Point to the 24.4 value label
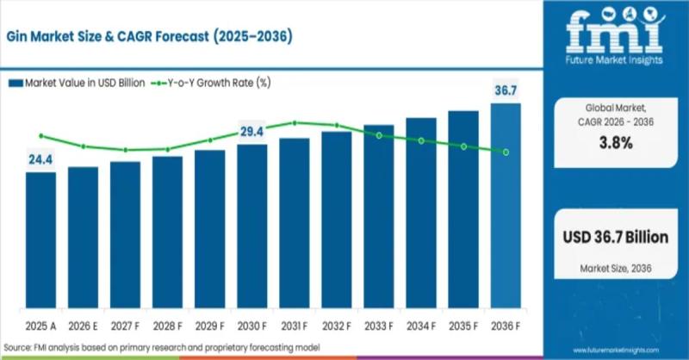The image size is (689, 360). click(40, 159)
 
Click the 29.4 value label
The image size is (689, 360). click(251, 132)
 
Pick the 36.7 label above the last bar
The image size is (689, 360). click(506, 90)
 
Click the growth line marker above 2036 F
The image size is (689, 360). click(506, 152)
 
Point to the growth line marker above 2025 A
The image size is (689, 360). click(40, 135)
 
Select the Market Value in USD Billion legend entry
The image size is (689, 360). click(78, 84)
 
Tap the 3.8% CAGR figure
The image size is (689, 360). click(615, 144)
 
